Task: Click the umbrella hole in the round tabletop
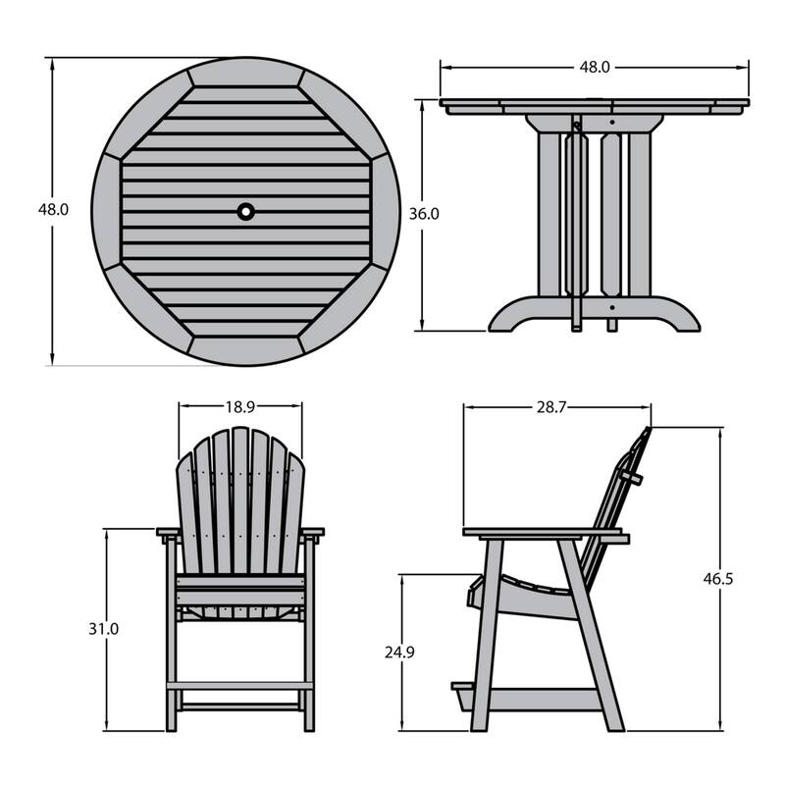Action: [245, 210]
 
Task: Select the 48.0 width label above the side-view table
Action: [595, 68]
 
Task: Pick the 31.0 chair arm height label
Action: [104, 629]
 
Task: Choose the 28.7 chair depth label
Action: [556, 406]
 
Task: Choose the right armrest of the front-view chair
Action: [312, 533]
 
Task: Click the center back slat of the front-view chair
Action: [240, 500]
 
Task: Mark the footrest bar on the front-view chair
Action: [240, 685]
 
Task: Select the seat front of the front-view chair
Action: [240, 593]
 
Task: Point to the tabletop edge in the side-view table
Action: [595, 103]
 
